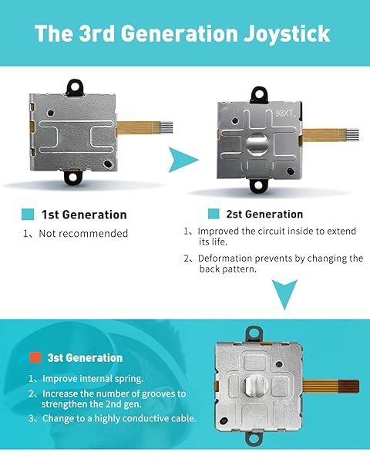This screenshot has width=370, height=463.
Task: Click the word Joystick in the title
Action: [287, 34]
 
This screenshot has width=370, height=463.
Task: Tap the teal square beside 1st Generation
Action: [28, 215]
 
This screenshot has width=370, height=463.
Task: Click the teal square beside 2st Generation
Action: [214, 214]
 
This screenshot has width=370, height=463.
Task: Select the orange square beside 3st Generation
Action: [35, 357]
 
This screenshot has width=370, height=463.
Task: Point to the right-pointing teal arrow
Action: [183, 160]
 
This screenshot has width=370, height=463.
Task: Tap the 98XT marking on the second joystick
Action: [285, 113]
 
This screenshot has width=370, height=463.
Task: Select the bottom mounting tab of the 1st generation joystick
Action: [73, 176]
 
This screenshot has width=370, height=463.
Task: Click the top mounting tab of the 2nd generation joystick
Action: [259, 94]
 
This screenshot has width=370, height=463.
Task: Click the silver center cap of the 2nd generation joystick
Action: [257, 145]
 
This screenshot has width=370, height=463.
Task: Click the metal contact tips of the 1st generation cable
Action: [166, 126]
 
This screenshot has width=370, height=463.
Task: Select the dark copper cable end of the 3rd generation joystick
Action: [348, 387]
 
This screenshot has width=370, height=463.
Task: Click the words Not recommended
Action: [83, 234]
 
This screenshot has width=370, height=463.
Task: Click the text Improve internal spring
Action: [93, 379]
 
